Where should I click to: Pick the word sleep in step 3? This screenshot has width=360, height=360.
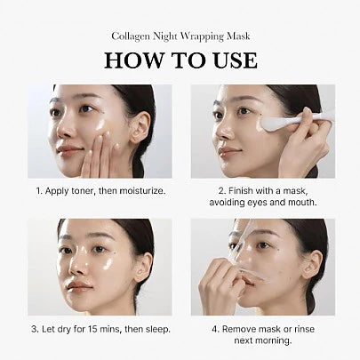[x=151, y=330]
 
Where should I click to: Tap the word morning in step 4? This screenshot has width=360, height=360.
[x=282, y=341]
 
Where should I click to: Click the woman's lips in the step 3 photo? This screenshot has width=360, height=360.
[x=83, y=286]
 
